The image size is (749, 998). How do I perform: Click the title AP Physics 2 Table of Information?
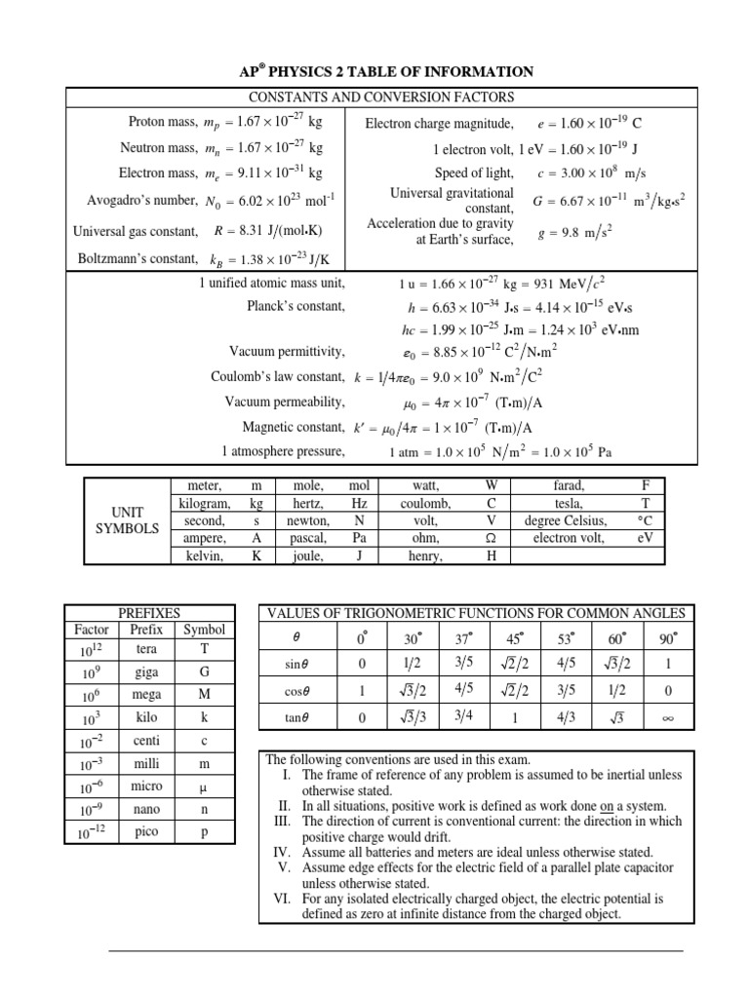[x=386, y=71]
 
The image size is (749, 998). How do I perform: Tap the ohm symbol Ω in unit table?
[x=492, y=538]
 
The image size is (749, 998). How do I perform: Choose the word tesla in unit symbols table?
[x=567, y=503]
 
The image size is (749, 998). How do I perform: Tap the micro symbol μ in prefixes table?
[x=205, y=787]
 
